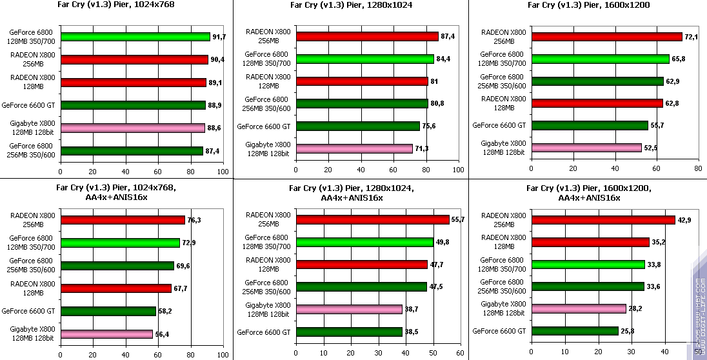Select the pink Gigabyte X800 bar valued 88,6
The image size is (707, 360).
(x=132, y=128)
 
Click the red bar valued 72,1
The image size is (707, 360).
(x=606, y=37)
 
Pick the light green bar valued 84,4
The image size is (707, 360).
(x=364, y=59)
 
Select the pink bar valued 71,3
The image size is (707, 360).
(x=353, y=148)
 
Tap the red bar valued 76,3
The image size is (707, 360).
(x=123, y=220)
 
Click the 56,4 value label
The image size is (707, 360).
(x=162, y=334)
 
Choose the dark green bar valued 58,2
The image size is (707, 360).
(x=108, y=311)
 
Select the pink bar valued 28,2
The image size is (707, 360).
(x=578, y=308)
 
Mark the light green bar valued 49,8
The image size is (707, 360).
(x=364, y=242)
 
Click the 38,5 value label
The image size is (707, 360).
(x=411, y=332)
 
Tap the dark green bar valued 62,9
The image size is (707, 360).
(x=597, y=81)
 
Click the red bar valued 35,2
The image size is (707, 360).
(x=590, y=242)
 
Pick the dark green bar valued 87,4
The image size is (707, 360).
(x=132, y=151)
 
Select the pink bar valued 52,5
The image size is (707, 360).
(x=586, y=148)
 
